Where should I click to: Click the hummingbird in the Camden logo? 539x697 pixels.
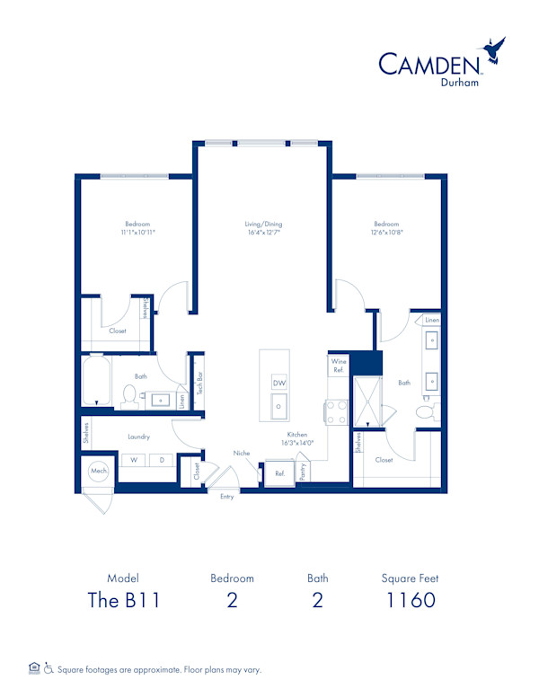pos(493,50)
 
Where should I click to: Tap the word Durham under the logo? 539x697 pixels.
pos(459,83)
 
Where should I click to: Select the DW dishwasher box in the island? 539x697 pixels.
pos(279,383)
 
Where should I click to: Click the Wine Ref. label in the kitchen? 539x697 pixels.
pos(339,366)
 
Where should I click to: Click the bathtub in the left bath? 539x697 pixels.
pos(96,380)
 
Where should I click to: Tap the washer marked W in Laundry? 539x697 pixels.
pos(134,460)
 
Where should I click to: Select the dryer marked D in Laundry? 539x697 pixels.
pos(162,460)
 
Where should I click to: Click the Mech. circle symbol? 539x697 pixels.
pos(99,471)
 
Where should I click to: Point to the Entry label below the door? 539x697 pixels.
pos(226,497)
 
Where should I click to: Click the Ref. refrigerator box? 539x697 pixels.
pos(279,473)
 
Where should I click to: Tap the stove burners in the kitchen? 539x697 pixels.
pos(337,412)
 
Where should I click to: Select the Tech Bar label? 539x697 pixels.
pos(199,384)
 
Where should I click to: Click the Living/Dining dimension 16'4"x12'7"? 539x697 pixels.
pos(264,233)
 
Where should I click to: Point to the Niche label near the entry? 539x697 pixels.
pos(242,453)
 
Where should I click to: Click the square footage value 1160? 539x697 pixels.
pos(411,600)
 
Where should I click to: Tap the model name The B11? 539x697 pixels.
pos(124,600)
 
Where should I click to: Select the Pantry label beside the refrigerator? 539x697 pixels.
pos(303,472)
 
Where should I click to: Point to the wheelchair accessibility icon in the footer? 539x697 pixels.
pos(49,668)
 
